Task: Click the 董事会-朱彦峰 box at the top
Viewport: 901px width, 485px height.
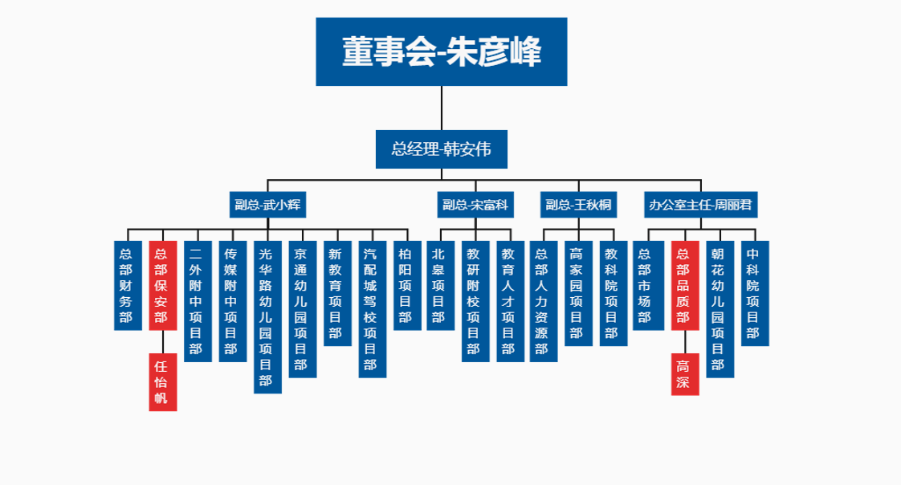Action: click(x=442, y=51)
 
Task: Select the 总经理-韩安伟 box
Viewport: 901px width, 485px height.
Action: click(x=442, y=149)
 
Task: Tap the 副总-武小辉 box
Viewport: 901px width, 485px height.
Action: click(x=269, y=205)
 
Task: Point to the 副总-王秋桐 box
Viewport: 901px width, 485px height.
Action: click(x=578, y=205)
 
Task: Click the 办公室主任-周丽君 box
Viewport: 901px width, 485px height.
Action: click(x=701, y=205)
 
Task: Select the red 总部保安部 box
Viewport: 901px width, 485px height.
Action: click(x=161, y=285)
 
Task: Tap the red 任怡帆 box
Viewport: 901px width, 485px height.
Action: click(x=161, y=381)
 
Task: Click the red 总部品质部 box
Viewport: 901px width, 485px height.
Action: click(x=684, y=285)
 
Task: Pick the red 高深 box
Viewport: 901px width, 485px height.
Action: click(x=684, y=374)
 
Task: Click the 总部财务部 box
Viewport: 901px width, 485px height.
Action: click(x=126, y=285)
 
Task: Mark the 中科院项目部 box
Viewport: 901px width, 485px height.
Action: click(x=755, y=293)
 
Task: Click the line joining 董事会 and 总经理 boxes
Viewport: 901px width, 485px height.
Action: click(x=442, y=108)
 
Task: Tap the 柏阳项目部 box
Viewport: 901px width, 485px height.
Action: click(x=406, y=285)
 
